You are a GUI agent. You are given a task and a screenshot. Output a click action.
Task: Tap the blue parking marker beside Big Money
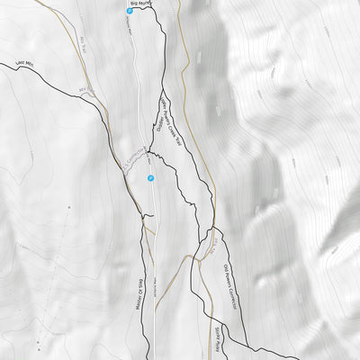tap(130, 11)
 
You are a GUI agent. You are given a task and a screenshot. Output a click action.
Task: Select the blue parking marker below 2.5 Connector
tap(150, 178)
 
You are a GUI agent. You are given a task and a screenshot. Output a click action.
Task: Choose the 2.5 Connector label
tap(132, 157)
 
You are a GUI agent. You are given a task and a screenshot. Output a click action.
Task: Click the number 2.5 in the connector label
tap(124, 165)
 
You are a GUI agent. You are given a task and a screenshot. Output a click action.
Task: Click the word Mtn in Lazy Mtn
tap(34, 67)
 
